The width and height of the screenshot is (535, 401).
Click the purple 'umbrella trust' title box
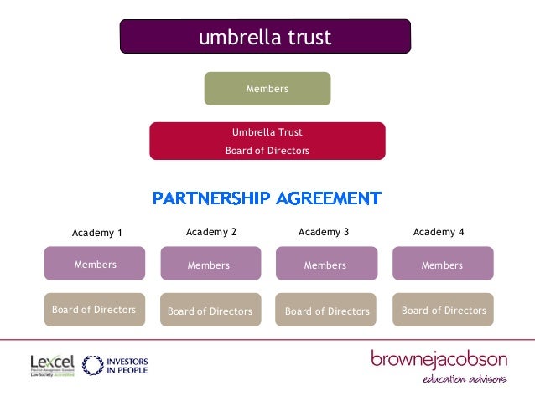coord(265,38)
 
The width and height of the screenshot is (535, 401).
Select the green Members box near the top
coord(267,89)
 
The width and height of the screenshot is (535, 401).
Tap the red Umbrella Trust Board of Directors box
coord(267,141)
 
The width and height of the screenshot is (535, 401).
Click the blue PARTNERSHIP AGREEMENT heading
coord(267,198)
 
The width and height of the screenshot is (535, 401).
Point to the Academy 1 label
coord(96,233)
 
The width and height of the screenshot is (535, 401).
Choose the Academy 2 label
coord(211,232)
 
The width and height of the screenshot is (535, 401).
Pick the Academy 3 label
coord(324,232)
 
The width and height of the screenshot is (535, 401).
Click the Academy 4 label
coord(439,232)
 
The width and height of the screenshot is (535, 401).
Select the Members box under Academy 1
coord(95,264)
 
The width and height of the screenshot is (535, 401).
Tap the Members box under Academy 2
coord(210,265)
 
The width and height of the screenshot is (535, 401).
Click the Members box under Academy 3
coord(325,265)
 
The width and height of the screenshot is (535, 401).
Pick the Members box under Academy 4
coord(442,265)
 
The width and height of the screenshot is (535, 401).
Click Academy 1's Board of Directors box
coord(94,310)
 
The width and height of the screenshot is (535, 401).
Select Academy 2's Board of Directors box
coord(210,311)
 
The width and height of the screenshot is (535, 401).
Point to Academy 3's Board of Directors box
coord(326,311)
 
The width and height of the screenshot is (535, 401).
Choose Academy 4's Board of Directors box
coord(443,310)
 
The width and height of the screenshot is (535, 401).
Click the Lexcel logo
coord(52,365)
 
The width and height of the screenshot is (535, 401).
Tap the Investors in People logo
coord(116,365)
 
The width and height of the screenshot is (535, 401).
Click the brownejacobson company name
coord(439,360)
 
